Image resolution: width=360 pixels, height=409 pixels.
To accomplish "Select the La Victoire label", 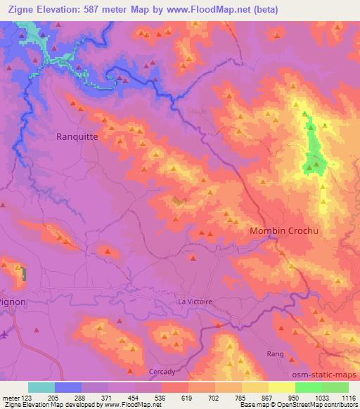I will (193, 301).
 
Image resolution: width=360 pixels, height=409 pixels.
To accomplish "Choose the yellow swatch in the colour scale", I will (282, 387).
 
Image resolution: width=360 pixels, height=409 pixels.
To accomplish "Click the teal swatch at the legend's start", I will (41, 387).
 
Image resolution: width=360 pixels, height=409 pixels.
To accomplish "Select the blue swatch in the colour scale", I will (67, 387).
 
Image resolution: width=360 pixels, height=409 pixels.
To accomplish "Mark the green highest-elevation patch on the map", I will (312, 148).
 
